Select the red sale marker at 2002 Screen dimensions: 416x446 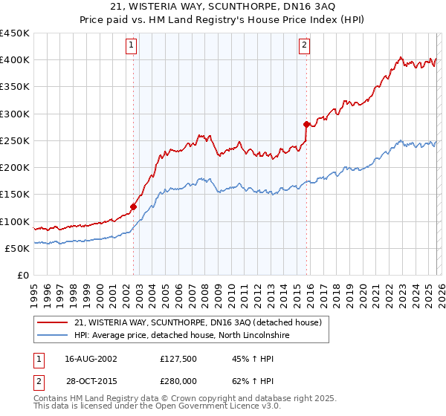pyautogui.click(x=134, y=207)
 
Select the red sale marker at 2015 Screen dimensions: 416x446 pyautogui.click(x=307, y=124)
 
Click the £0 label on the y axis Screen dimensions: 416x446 pyautogui.click(x=24, y=275)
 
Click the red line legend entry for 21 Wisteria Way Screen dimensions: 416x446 pyautogui.click(x=198, y=322)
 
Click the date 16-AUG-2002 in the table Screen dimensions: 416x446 pyautogui.click(x=91, y=358)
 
